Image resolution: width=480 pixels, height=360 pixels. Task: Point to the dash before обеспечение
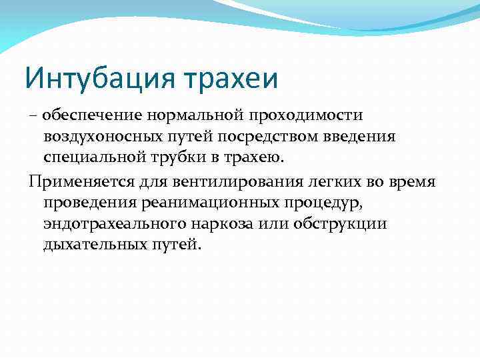point(33,116)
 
